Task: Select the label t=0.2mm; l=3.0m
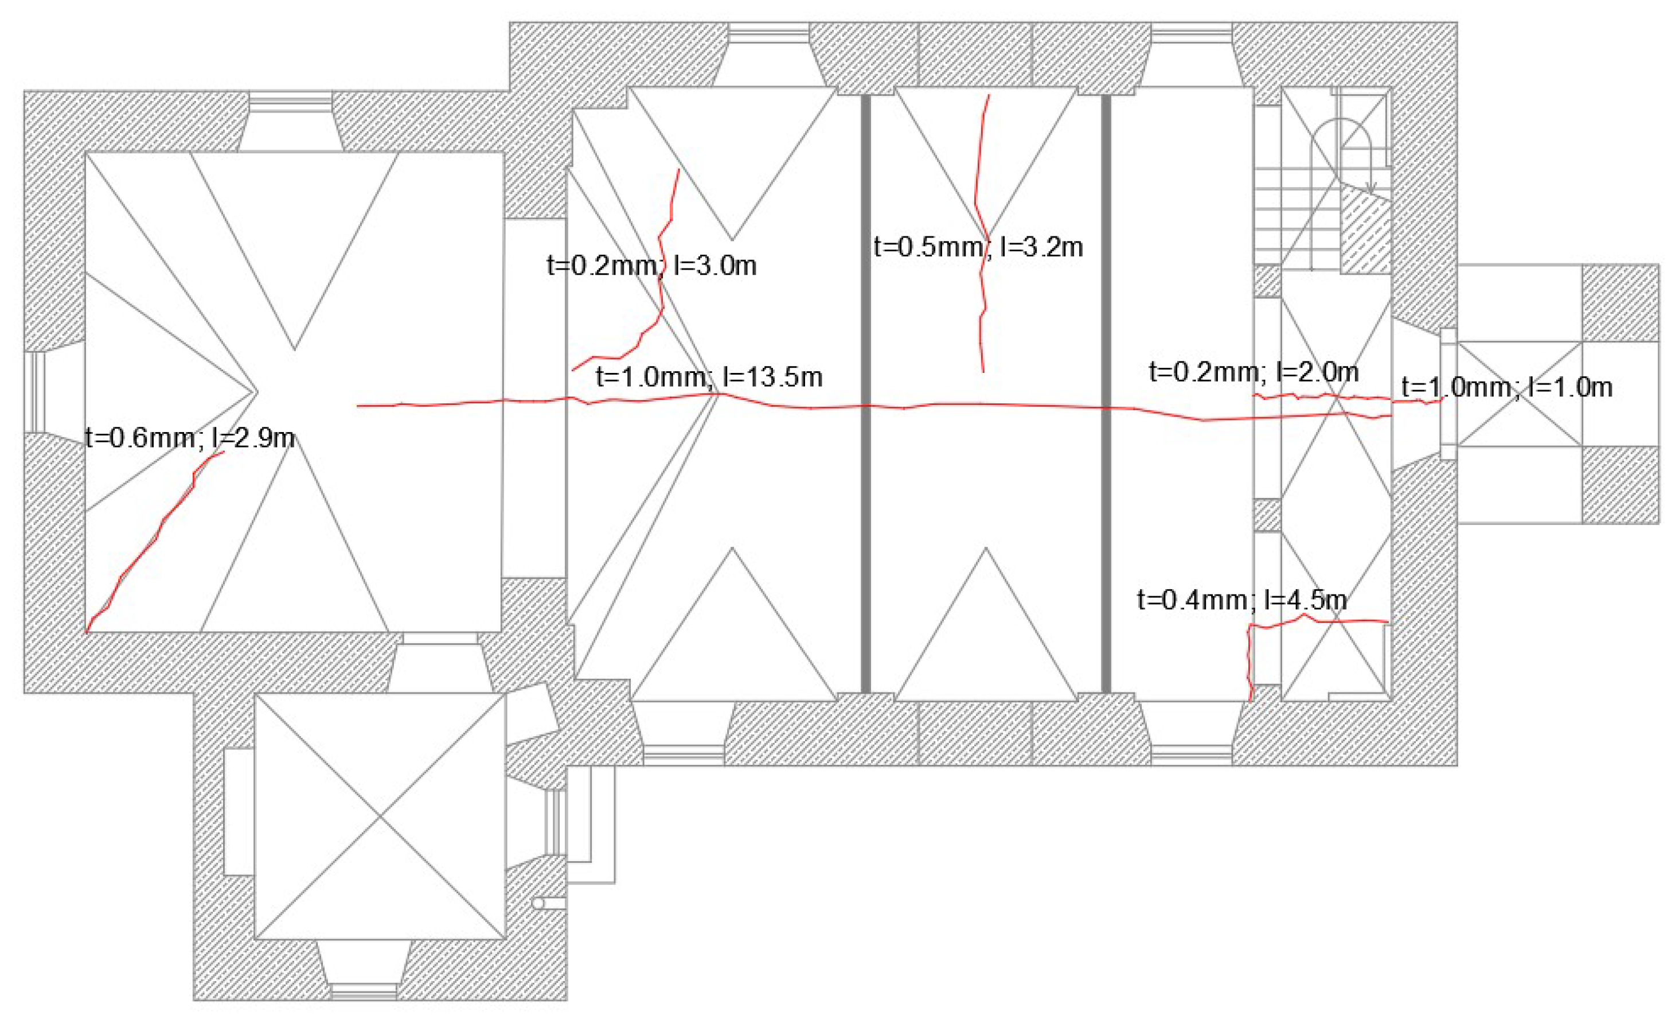pyautogui.click(x=651, y=265)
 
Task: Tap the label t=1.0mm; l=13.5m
pyautogui.click(x=709, y=377)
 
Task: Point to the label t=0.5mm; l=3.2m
pyautogui.click(x=978, y=247)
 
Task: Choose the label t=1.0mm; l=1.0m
pyautogui.click(x=1506, y=387)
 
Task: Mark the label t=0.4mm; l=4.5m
pyautogui.click(x=1242, y=600)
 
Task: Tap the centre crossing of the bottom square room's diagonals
pyautogui.click(x=380, y=815)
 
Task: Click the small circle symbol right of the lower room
pyautogui.click(x=538, y=903)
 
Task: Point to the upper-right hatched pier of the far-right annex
pyautogui.click(x=1620, y=304)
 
